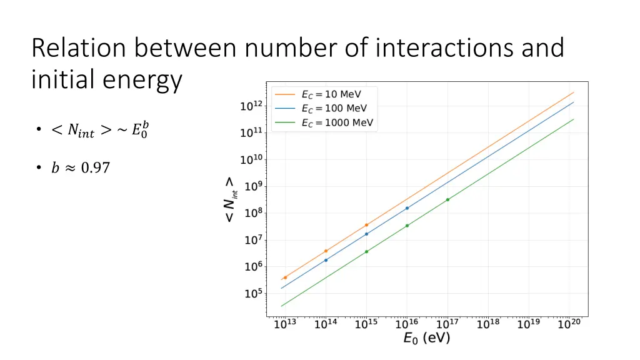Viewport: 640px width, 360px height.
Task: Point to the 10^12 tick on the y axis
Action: pyautogui.click(x=251, y=107)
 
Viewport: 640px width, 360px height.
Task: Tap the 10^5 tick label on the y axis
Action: pyautogui.click(x=251, y=294)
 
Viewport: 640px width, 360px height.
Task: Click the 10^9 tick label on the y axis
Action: pyautogui.click(x=251, y=186)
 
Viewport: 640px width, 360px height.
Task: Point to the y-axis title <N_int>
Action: pyautogui.click(x=230, y=199)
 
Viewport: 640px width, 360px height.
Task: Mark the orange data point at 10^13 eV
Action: pyautogui.click(x=285, y=277)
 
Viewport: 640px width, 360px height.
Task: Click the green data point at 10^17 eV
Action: pyautogui.click(x=447, y=199)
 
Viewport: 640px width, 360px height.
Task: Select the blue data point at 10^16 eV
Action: pyautogui.click(x=407, y=208)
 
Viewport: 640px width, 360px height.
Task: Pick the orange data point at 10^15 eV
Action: pyautogui.click(x=366, y=225)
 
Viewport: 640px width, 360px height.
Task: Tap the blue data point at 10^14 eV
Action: pyautogui.click(x=326, y=260)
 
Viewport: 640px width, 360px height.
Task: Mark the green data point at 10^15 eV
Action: pyautogui.click(x=366, y=252)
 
